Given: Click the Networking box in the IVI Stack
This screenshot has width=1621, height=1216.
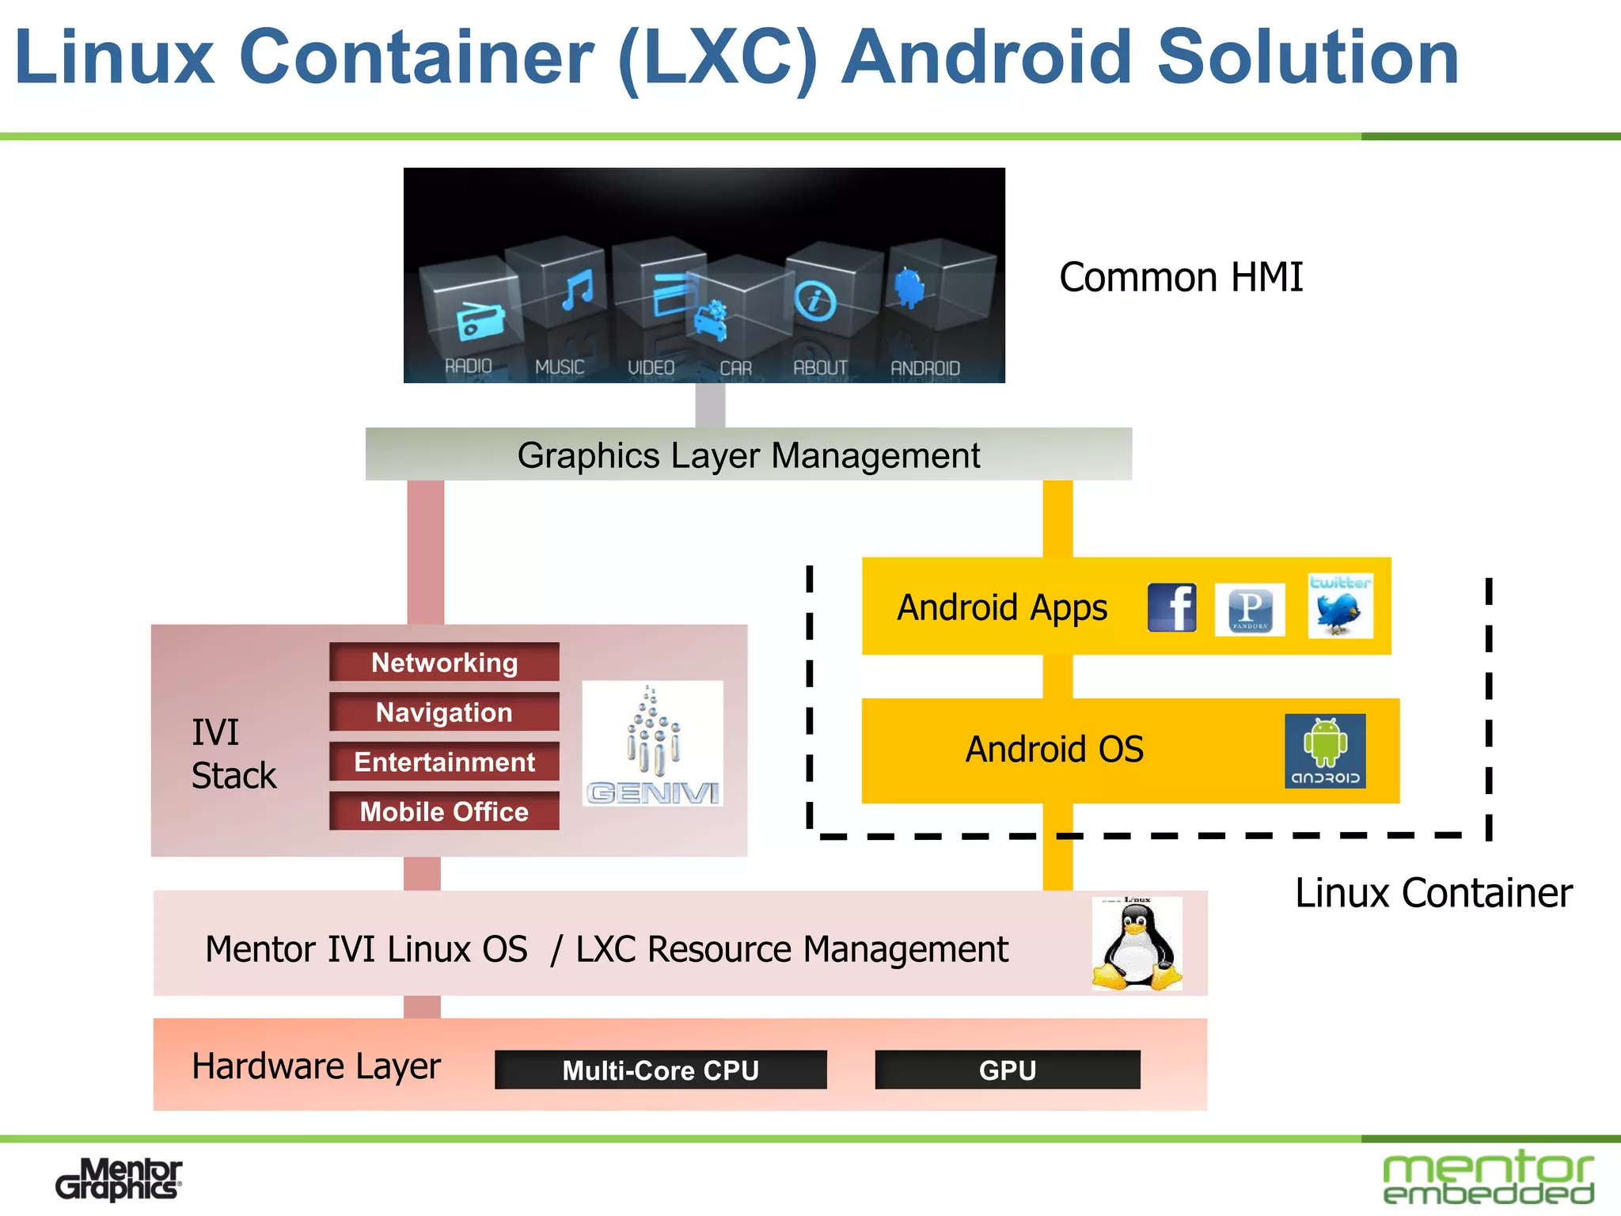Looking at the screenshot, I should (444, 662).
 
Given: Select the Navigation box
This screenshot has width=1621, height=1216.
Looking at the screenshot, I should (444, 712).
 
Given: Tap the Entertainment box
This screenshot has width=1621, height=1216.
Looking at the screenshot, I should (444, 762).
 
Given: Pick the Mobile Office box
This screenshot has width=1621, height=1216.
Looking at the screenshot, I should (444, 811).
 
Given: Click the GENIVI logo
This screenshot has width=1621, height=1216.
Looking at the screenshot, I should (653, 743).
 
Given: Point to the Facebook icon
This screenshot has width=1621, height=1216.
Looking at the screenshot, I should (1171, 608).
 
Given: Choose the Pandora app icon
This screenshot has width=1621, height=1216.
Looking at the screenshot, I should (1250, 610).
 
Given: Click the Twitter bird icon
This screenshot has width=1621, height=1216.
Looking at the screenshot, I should (1340, 606).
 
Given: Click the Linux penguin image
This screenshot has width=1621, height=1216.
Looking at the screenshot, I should (1137, 944).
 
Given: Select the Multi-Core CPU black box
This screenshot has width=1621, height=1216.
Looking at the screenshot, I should (660, 1070).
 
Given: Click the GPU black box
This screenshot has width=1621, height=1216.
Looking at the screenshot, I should (1007, 1070).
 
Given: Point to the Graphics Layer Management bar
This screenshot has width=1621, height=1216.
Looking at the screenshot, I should (748, 455).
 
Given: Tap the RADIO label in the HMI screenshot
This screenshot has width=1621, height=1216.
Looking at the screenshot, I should (468, 367).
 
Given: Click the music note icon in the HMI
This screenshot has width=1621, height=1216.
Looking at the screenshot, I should (577, 290).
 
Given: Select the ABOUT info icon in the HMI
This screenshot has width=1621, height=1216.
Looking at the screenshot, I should (815, 301).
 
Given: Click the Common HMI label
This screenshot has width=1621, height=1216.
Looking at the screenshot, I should (1181, 278).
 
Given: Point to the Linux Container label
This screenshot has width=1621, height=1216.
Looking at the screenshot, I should (1433, 893).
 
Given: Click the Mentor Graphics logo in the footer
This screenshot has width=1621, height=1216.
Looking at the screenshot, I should (119, 1180).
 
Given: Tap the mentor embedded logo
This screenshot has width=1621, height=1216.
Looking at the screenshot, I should (1488, 1178).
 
